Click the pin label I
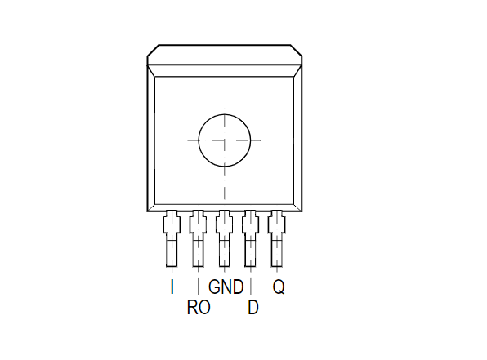point(172,287)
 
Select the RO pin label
point(199,308)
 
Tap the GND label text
point(226,287)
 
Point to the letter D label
point(253,308)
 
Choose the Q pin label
point(279,287)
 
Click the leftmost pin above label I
point(172,238)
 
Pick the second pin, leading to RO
point(199,238)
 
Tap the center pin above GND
point(224,238)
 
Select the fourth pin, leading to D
point(251,238)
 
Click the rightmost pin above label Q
point(277,238)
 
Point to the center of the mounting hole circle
point(225,140)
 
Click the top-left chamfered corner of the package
point(153,51)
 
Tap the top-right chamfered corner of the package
point(297,51)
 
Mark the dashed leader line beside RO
point(199,286)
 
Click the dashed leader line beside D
point(251,286)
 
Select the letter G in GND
point(215,287)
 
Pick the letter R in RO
point(192,308)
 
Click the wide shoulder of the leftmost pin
point(172,224)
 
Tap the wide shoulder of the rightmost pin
point(277,224)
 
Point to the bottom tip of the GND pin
point(224,267)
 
